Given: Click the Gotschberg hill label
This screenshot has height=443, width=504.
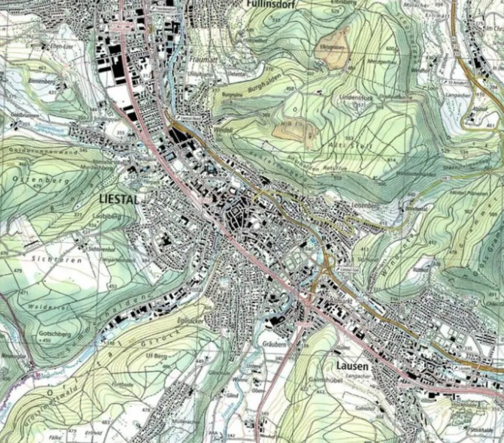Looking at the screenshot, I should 54,334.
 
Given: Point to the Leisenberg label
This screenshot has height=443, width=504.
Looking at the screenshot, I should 362,205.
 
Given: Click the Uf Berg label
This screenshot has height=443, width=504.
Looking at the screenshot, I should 155,356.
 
